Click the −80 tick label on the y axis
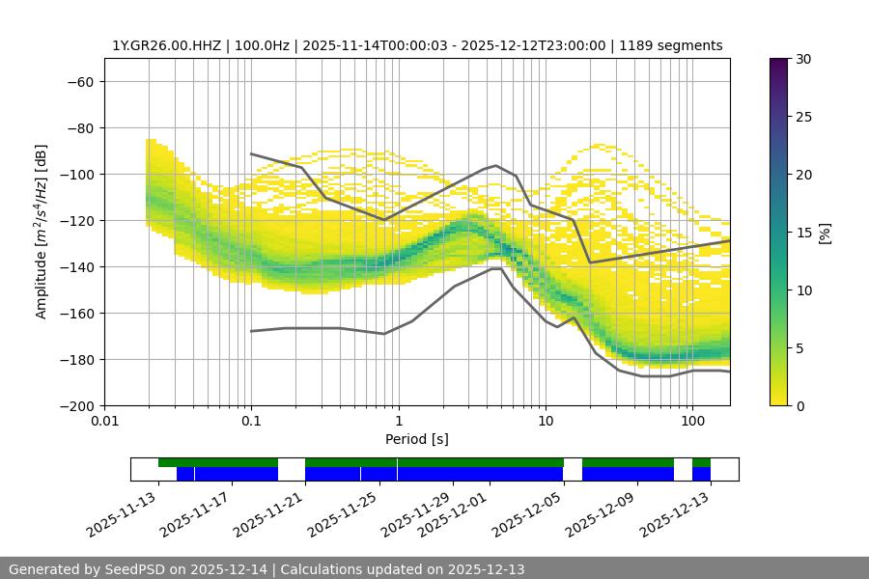click(78, 127)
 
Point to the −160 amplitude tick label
click(74, 313)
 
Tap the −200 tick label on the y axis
click(74, 405)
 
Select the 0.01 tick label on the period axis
click(104, 422)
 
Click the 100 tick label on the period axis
click(691, 422)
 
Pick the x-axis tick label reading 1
click(398, 422)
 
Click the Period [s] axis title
click(417, 439)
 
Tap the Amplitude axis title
click(42, 232)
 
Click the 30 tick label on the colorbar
click(803, 59)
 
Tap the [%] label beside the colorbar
click(825, 232)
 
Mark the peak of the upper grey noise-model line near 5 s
click(496, 165)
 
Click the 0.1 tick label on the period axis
click(251, 422)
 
